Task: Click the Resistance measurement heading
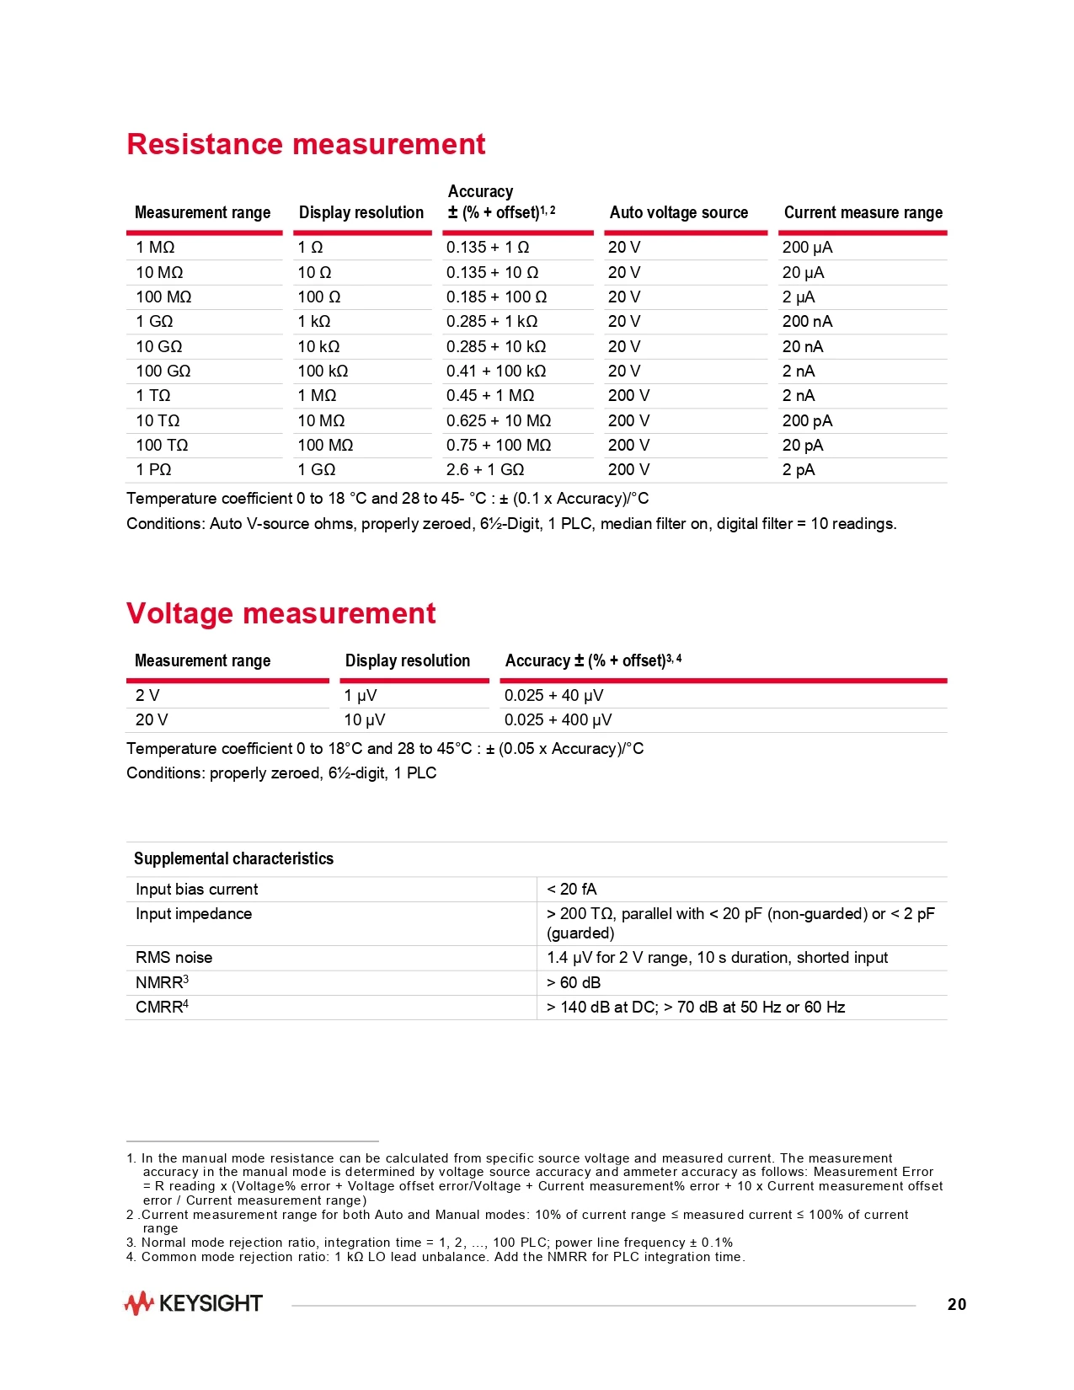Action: tap(306, 144)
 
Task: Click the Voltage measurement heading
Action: tap(281, 613)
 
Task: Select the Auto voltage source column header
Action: tap(678, 213)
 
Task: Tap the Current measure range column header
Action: tap(863, 213)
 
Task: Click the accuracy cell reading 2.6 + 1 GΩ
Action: tap(485, 470)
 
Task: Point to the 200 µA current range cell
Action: tap(807, 248)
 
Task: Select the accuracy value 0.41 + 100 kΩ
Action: tap(496, 372)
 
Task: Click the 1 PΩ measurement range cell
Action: tap(153, 470)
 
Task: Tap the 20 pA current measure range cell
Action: tap(803, 446)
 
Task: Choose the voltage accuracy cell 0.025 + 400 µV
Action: tap(558, 720)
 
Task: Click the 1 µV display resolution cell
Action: tap(361, 696)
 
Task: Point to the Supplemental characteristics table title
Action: tap(233, 859)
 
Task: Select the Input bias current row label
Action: tap(196, 890)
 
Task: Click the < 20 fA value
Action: tap(571, 890)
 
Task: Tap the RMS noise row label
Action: tap(174, 958)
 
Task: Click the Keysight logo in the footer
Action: tap(193, 1304)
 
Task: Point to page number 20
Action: tap(957, 1305)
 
